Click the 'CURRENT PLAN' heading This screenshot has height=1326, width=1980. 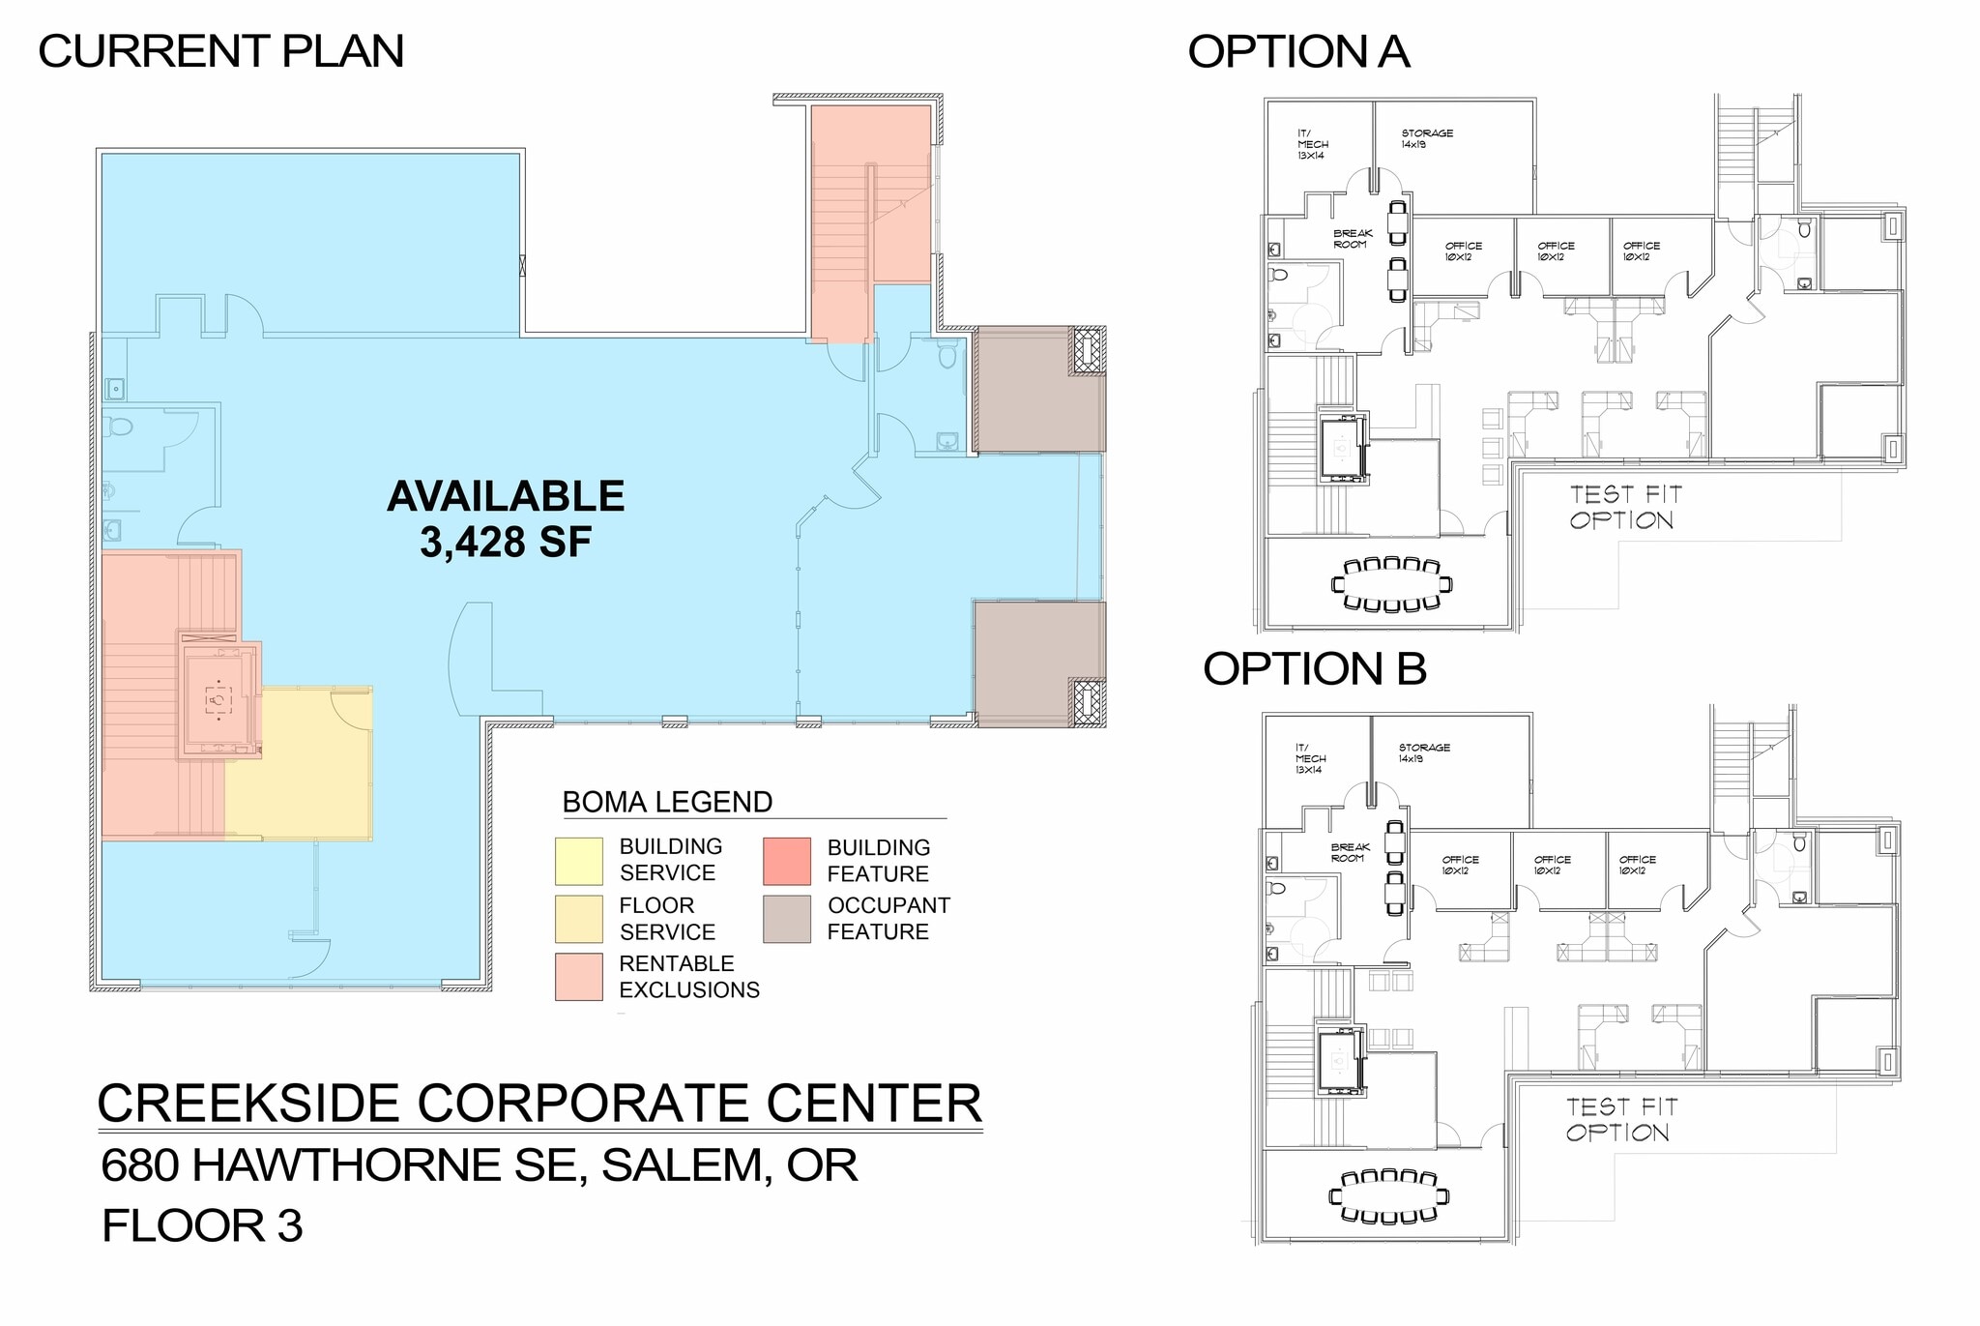[220, 51]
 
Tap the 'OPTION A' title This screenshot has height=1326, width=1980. [1297, 51]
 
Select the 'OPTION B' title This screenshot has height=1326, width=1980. [1314, 668]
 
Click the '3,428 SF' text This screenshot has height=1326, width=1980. [505, 542]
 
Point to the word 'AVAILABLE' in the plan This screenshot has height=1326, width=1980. [505, 496]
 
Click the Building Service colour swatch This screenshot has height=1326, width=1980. [578, 861]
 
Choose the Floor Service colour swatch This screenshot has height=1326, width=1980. [578, 919]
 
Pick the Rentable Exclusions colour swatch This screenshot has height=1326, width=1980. [578, 977]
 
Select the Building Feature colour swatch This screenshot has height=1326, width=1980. [786, 861]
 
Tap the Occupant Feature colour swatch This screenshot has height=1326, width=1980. [786, 919]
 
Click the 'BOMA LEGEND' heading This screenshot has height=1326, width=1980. [667, 802]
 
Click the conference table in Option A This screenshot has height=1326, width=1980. [1391, 584]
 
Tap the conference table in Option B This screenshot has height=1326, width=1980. [1389, 1196]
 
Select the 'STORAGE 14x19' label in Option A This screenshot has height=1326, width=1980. [1427, 138]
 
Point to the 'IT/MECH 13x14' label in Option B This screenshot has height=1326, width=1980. [1310, 758]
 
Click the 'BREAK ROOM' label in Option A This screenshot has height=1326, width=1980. [1352, 239]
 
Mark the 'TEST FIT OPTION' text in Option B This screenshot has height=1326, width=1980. [1620, 1119]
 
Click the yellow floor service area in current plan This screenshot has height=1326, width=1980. [309, 774]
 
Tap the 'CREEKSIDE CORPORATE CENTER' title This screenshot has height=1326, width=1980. [539, 1103]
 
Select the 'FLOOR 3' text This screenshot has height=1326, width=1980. [202, 1225]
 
